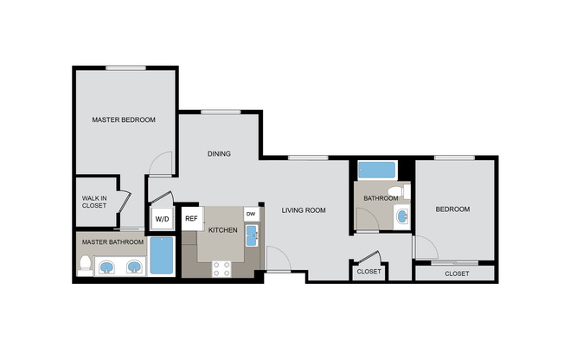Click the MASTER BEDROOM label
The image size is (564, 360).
(124, 119)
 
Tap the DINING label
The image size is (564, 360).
(218, 154)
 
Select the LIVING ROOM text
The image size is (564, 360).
(303, 209)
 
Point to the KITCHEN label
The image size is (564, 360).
(222, 229)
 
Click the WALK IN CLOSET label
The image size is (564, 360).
(94, 202)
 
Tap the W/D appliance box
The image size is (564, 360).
(162, 220)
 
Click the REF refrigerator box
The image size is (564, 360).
(191, 219)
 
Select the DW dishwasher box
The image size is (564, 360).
(251, 213)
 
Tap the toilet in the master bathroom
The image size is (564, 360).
(85, 265)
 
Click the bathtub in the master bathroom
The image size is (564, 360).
(161, 256)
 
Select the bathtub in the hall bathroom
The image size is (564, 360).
(376, 170)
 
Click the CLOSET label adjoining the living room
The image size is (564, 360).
(368, 272)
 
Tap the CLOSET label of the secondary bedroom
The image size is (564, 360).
(456, 273)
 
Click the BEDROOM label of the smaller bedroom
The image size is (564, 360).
(452, 209)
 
